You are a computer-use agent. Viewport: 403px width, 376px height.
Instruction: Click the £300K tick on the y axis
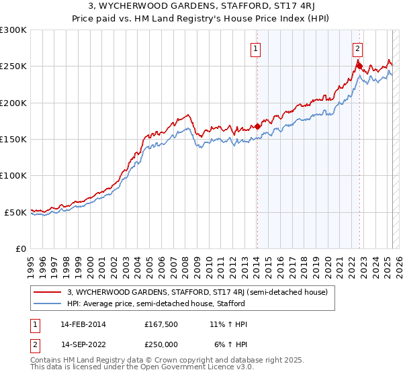13,30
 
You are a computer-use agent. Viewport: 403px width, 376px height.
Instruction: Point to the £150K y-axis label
13,140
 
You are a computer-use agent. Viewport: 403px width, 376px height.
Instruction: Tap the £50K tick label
16,212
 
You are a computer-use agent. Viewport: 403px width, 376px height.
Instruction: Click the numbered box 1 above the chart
257,48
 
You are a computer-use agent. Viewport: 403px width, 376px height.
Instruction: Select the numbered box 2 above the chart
358,48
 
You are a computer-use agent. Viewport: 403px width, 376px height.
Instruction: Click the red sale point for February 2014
257,126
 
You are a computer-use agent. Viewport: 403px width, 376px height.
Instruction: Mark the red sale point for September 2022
359,66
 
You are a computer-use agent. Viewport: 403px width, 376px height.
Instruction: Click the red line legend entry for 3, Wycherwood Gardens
197,292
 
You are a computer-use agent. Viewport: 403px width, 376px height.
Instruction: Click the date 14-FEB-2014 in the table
83,324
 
